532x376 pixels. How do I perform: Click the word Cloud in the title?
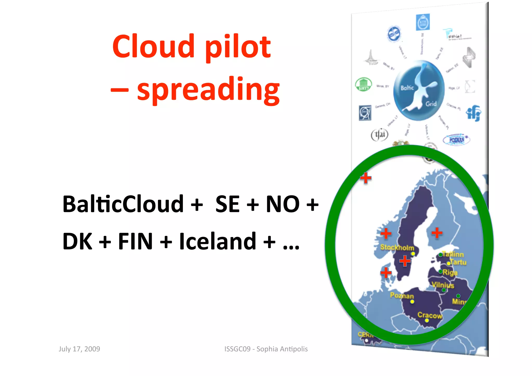[x=153, y=47]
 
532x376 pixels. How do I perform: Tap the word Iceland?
[x=218, y=242]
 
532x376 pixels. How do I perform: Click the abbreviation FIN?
[x=135, y=242]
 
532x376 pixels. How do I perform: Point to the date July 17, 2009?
[x=79, y=349]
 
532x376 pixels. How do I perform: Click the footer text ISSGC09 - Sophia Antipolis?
[x=266, y=349]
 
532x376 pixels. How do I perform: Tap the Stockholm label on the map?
[x=397, y=247]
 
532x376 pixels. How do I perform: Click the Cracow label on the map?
[x=430, y=315]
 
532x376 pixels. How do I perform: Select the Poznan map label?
[x=402, y=295]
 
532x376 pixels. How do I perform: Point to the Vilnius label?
[x=443, y=285]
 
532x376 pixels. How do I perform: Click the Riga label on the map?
[x=450, y=272]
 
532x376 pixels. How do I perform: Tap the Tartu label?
[x=458, y=262]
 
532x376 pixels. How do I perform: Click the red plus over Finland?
[x=437, y=233]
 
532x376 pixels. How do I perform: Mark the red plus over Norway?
[x=386, y=233]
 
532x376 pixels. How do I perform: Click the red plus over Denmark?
[x=386, y=272]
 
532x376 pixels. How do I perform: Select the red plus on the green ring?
[x=366, y=178]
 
